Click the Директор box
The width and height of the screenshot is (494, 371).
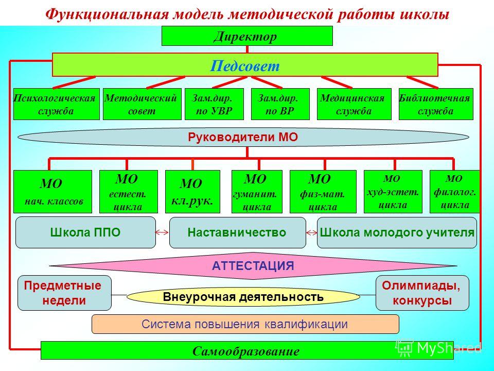point(247,36)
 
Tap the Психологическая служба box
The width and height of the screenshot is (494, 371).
point(56,104)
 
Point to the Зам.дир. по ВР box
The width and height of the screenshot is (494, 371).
point(280,104)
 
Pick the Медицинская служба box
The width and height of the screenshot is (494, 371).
point(354,104)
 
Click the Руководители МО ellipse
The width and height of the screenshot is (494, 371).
point(244,137)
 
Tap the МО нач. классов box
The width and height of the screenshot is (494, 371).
point(52,192)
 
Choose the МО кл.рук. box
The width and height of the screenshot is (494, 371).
point(192,192)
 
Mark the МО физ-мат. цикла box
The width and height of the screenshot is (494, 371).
point(323,192)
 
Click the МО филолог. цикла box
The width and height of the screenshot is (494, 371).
point(454,192)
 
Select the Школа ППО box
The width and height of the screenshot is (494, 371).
point(85,232)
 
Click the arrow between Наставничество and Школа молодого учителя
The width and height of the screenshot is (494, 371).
point(312,233)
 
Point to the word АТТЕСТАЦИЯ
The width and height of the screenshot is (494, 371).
point(253,265)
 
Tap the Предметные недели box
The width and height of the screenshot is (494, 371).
point(64,293)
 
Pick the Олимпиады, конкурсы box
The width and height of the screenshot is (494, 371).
point(422,293)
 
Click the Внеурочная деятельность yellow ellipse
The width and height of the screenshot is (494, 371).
point(243,297)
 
